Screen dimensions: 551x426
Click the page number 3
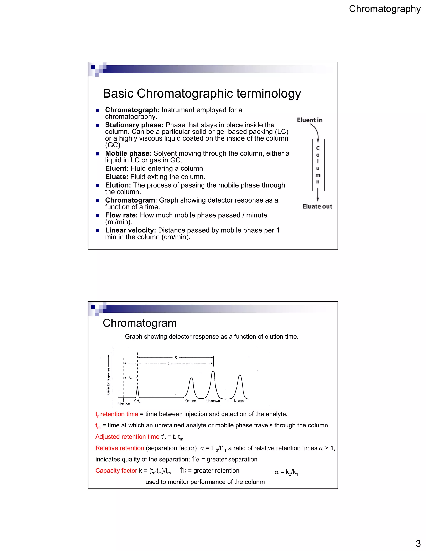(x=418, y=543)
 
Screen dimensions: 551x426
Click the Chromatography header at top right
(x=385, y=9)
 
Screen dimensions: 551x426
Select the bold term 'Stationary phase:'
(x=134, y=125)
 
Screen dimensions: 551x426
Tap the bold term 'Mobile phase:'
(x=128, y=153)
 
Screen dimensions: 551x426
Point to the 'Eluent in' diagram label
(x=310, y=120)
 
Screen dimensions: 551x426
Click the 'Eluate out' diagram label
(x=317, y=206)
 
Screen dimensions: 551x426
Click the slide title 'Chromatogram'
(x=140, y=323)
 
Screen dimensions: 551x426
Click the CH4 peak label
(x=137, y=401)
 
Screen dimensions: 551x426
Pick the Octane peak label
(x=191, y=401)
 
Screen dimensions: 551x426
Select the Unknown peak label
(x=213, y=401)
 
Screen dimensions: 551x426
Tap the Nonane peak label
(x=239, y=401)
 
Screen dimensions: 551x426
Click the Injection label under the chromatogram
(x=124, y=403)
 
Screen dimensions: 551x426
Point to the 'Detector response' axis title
(x=108, y=381)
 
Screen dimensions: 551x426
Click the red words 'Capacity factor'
(x=116, y=471)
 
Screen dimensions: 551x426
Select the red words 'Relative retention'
(x=120, y=448)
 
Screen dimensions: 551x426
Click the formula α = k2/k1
(x=286, y=472)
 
